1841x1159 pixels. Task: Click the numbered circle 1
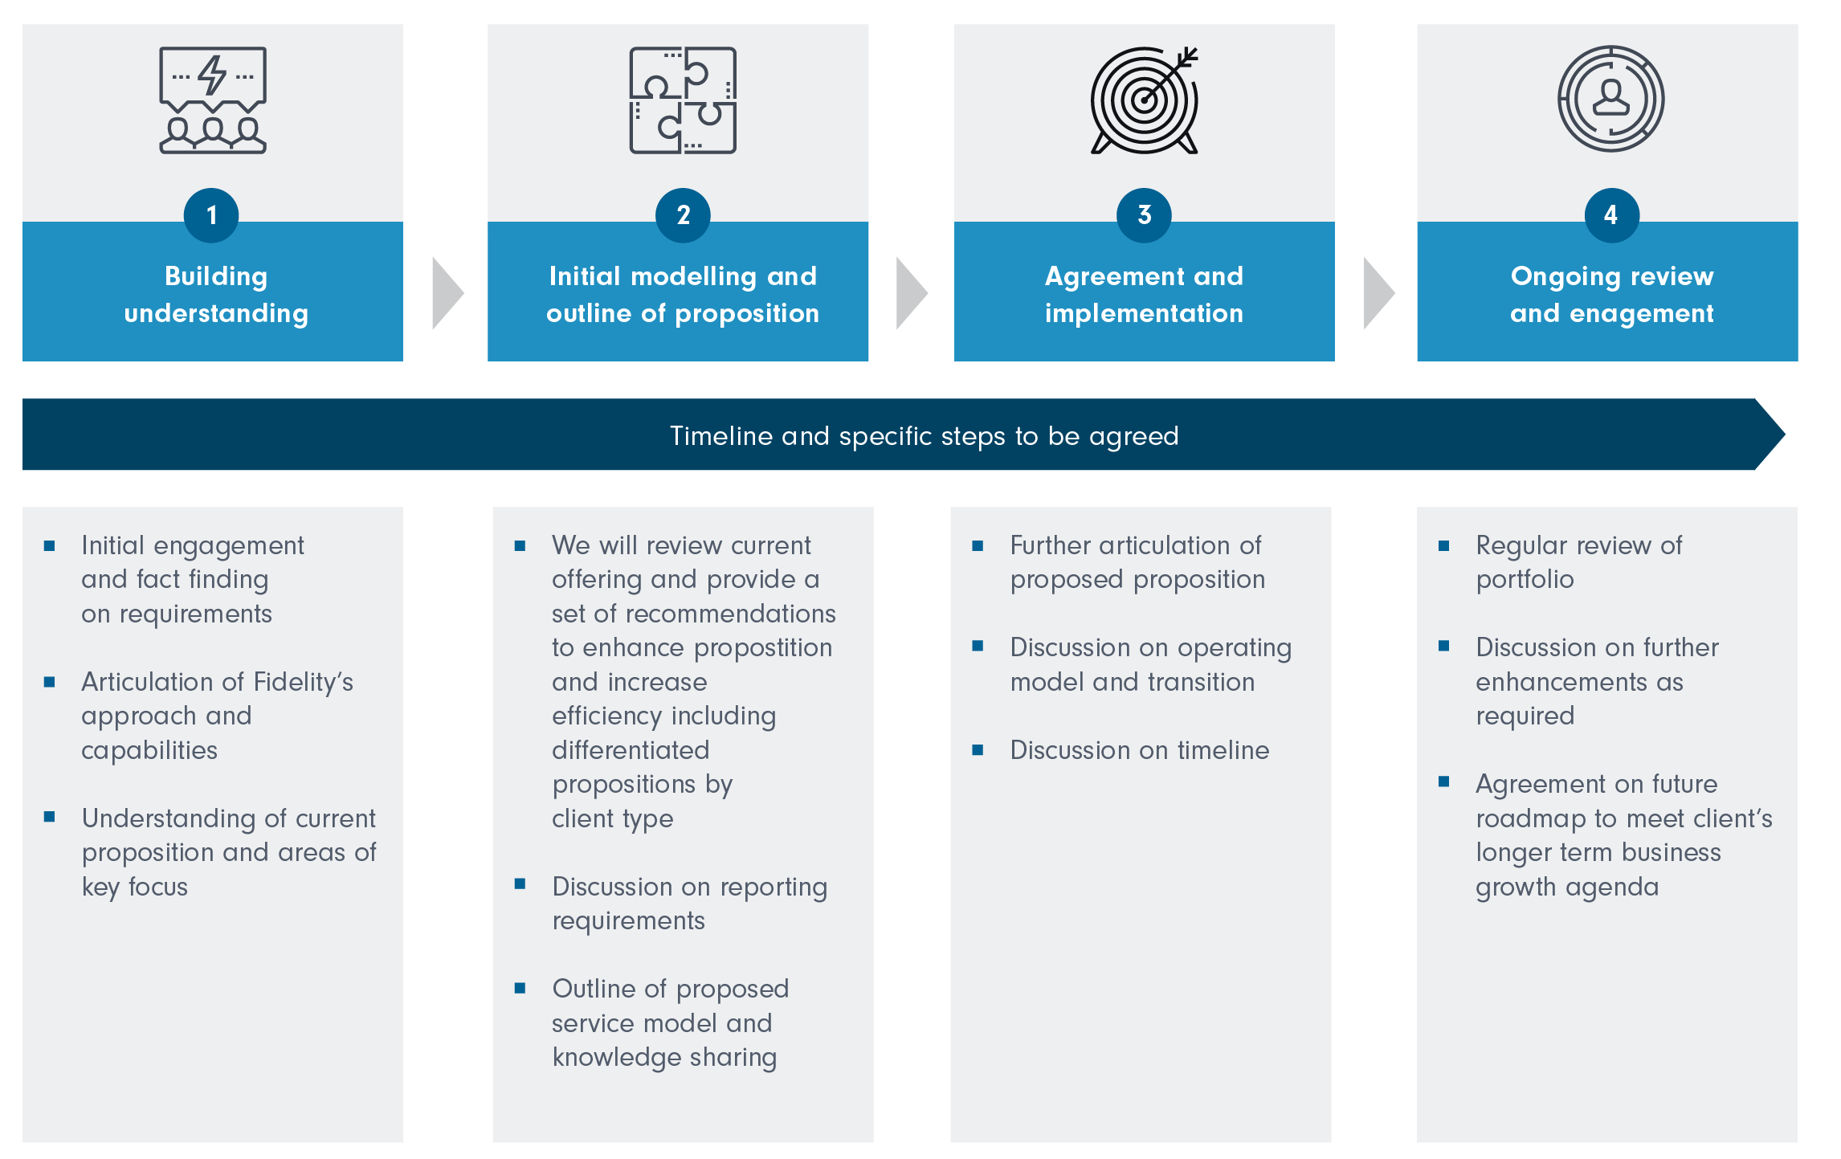pyautogui.click(x=211, y=215)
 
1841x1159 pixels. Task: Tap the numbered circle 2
pyautogui.click(x=683, y=215)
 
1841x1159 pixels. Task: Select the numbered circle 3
pyautogui.click(x=1144, y=215)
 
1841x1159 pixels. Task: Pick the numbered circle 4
pyautogui.click(x=1611, y=215)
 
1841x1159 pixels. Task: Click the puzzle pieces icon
pyautogui.click(x=683, y=100)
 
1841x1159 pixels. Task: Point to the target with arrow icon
pyautogui.click(x=1144, y=100)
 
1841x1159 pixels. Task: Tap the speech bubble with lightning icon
pyautogui.click(x=213, y=100)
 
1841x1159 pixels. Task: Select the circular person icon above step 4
pyautogui.click(x=1611, y=99)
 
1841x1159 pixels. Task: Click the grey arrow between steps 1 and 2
pyautogui.click(x=447, y=293)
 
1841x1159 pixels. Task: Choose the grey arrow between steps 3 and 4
pyautogui.click(x=1378, y=293)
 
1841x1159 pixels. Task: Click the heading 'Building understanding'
pyautogui.click(x=216, y=295)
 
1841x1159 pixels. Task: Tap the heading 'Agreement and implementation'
pyautogui.click(x=1144, y=295)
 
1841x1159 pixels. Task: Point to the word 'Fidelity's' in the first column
pyautogui.click(x=303, y=682)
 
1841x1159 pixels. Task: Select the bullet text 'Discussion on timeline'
pyautogui.click(x=1139, y=750)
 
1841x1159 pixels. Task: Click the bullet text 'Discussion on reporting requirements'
pyautogui.click(x=689, y=904)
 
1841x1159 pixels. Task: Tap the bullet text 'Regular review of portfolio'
pyautogui.click(x=1578, y=562)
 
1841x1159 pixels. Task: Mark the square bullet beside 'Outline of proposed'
pyautogui.click(x=520, y=988)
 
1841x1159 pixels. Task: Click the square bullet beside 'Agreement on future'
pyautogui.click(x=1444, y=782)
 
